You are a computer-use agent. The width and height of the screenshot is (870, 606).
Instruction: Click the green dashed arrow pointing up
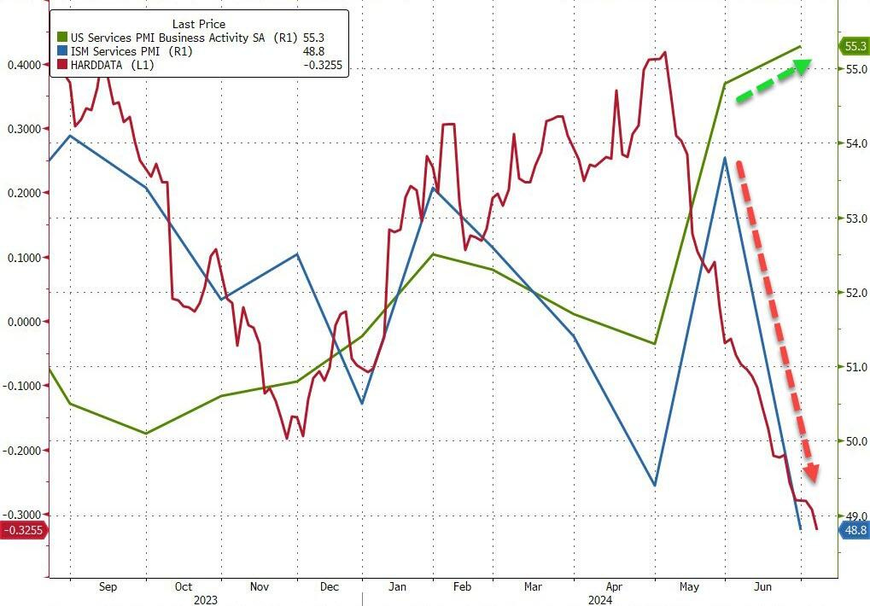tap(772, 81)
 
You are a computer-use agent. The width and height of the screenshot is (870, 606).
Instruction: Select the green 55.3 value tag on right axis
tap(854, 46)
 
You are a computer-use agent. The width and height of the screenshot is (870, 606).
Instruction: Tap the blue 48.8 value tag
tap(854, 530)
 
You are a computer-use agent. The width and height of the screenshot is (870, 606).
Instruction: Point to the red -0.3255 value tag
tap(24, 530)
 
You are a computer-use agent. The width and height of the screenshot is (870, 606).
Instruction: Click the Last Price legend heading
tap(199, 24)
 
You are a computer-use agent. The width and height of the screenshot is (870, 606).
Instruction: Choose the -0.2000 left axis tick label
tap(24, 450)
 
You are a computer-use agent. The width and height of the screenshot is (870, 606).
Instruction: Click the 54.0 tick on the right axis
tap(854, 143)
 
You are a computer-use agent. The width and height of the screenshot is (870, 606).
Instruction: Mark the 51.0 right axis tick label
tap(854, 367)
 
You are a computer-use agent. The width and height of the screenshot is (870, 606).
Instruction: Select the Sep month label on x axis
tap(108, 586)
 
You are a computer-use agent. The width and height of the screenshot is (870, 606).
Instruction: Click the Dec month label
tap(330, 586)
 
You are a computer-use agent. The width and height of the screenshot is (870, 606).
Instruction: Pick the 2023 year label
tap(205, 599)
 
